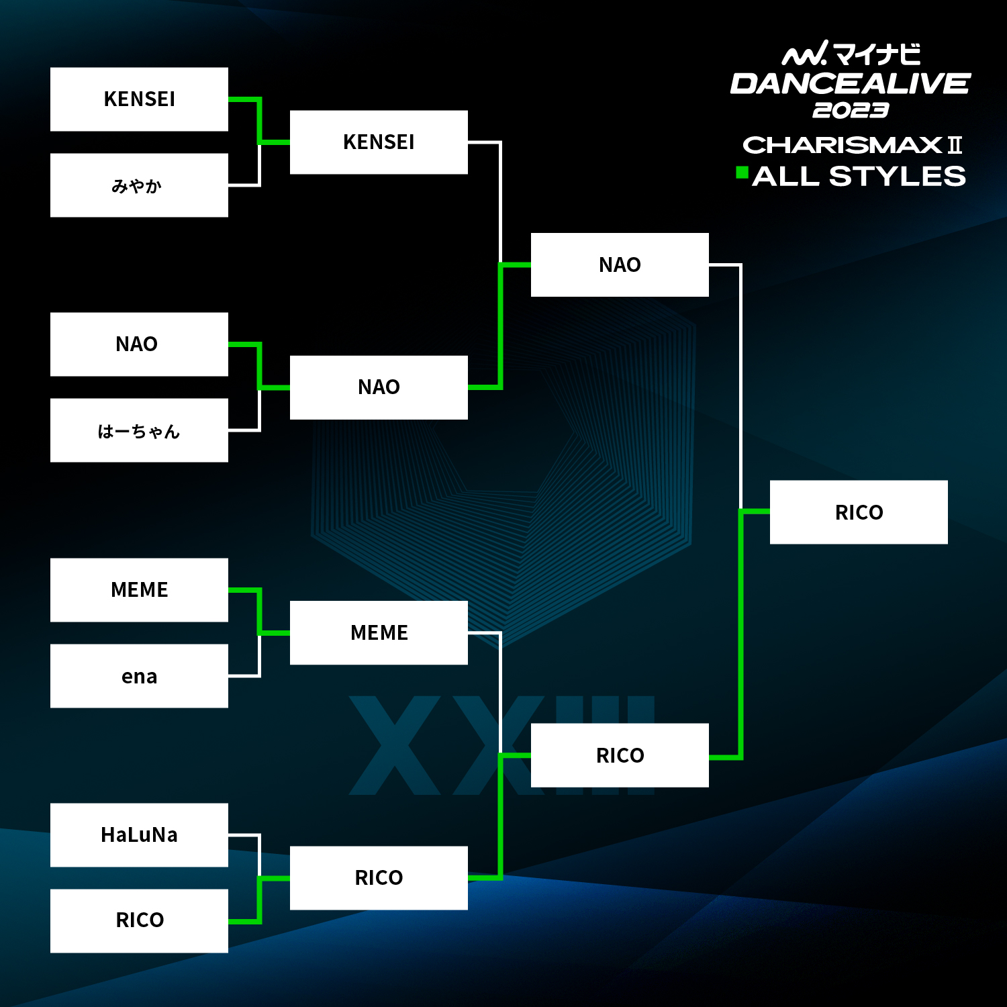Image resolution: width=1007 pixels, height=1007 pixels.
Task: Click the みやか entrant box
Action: [x=139, y=185]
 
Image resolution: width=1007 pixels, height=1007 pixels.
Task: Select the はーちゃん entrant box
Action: [x=139, y=430]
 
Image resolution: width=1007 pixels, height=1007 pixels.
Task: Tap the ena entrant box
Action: [x=139, y=676]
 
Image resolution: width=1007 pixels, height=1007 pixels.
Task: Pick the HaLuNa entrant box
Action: [x=139, y=835]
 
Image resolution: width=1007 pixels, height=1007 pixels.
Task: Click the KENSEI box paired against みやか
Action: [x=139, y=99]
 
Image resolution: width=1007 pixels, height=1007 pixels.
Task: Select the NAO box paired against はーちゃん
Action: [x=139, y=344]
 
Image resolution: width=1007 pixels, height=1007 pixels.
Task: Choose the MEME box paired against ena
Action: [x=139, y=590]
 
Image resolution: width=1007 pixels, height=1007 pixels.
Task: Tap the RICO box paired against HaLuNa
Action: [x=139, y=921]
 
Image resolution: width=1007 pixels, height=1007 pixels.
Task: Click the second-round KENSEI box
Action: [x=379, y=142]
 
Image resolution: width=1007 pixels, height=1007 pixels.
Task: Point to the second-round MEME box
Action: [x=379, y=633]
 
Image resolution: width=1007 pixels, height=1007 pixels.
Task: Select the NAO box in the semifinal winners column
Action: [x=620, y=265]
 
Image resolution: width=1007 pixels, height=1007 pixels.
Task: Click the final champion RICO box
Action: [x=859, y=512]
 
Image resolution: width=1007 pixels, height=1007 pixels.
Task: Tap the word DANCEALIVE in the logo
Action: [x=850, y=84]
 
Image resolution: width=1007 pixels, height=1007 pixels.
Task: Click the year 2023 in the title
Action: [x=851, y=110]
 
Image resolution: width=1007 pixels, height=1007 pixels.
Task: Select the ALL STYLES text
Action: [x=859, y=176]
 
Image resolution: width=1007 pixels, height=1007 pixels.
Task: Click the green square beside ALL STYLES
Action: [x=742, y=173]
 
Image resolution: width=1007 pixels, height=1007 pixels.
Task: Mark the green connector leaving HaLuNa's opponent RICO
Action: [x=259, y=900]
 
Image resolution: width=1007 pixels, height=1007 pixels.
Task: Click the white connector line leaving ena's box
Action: [x=259, y=655]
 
